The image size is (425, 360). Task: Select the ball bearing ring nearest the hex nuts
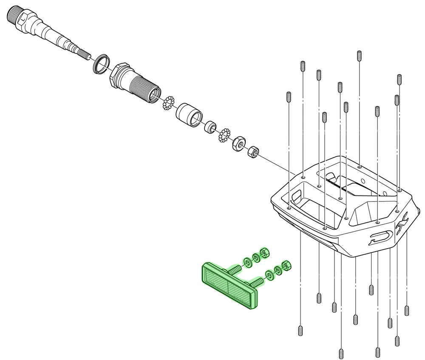(x=224, y=136)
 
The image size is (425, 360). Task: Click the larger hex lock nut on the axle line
(x=238, y=144)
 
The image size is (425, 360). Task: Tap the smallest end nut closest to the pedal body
(x=253, y=151)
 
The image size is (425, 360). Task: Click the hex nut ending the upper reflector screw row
(x=264, y=253)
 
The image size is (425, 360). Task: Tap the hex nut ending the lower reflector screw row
(x=286, y=266)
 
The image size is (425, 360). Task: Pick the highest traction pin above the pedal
(x=360, y=56)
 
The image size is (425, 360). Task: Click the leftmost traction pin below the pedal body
(x=300, y=330)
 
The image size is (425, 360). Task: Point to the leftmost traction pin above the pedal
(x=289, y=97)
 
